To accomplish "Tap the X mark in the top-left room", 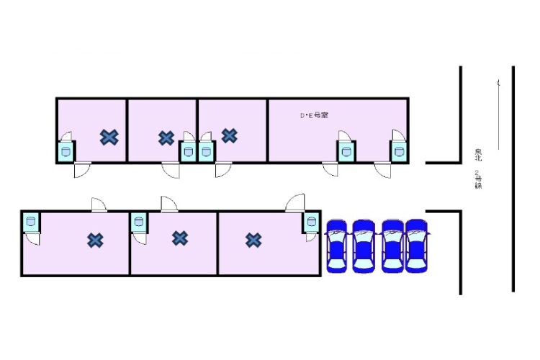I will click(109, 136).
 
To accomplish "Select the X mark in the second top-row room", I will click(166, 137).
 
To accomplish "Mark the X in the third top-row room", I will click(230, 135).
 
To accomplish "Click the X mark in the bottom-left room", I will click(95, 240).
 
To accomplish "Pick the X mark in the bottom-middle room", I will click(180, 237).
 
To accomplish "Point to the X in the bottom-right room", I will click(253, 240).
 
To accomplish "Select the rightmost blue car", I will click(417, 246).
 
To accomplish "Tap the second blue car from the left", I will click(364, 246).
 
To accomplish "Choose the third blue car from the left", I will click(392, 246).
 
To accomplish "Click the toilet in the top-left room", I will click(66, 151).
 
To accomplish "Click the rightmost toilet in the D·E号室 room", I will click(399, 151).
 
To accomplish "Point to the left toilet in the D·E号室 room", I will click(346, 151).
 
